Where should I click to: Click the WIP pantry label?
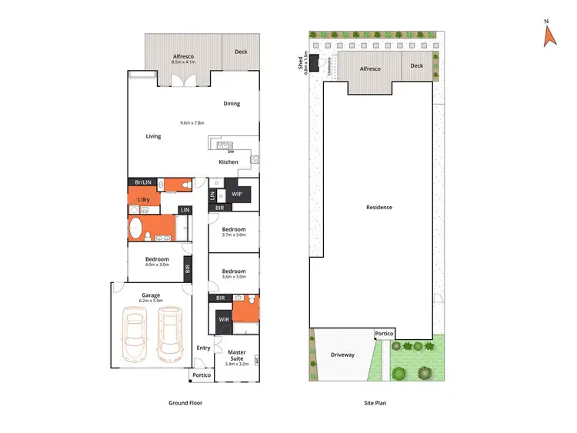coord(237,194)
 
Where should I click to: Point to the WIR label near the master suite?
coord(223,318)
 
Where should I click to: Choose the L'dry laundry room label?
coord(143,200)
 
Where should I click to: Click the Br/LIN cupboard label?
coord(143,182)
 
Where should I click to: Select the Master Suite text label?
coord(237,355)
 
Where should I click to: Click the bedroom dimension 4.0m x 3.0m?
coord(157,265)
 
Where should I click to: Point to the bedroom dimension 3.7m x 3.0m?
coord(234,236)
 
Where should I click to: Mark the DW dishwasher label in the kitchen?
coord(230,151)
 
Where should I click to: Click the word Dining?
coord(232,103)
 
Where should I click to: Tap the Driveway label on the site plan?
coord(342,355)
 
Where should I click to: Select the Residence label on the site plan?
coord(379,207)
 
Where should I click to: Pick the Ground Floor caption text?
coord(185,402)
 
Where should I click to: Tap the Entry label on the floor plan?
coord(203,348)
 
